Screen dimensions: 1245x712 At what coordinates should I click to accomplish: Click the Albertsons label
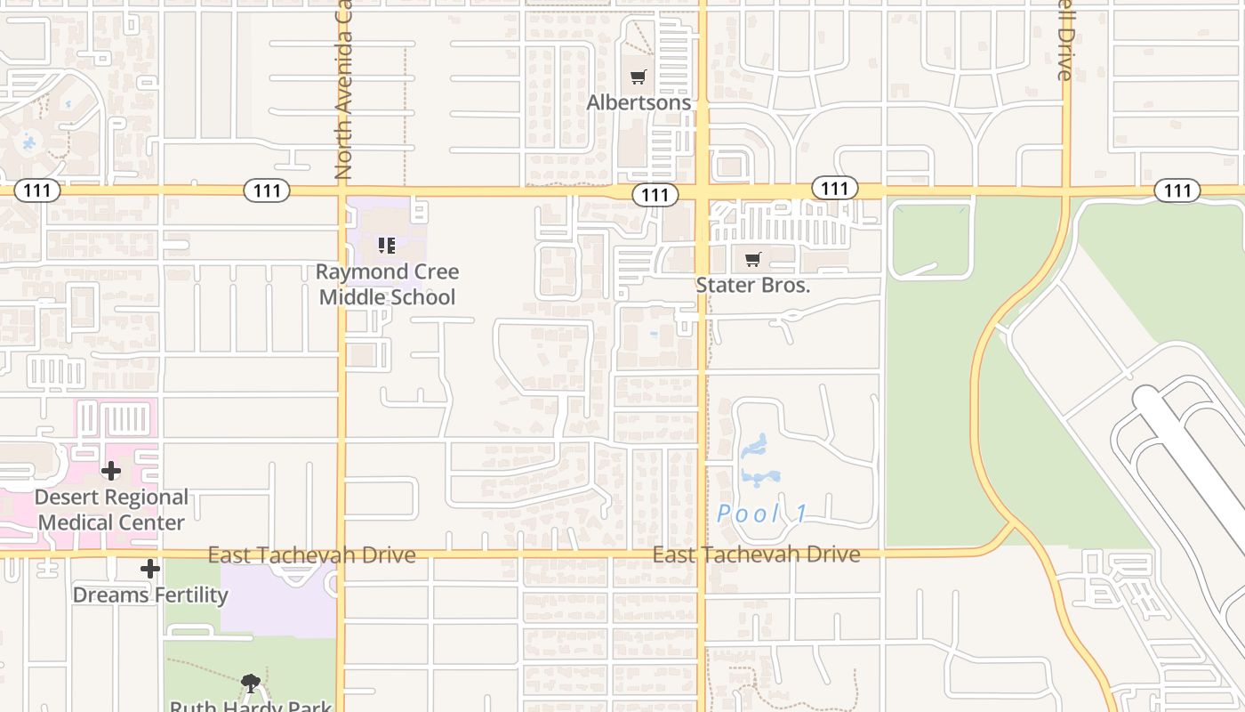pos(639,102)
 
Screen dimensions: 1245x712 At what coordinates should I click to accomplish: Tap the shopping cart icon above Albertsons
pos(638,77)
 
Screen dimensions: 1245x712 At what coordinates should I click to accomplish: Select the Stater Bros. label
pos(753,286)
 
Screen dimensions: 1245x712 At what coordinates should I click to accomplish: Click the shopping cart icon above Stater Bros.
pos(753,260)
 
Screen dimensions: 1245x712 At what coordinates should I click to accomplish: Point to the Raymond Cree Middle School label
pos(387,284)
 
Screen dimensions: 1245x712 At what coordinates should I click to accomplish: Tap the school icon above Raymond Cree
pos(387,245)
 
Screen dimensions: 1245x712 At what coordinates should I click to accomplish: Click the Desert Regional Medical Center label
pos(111,509)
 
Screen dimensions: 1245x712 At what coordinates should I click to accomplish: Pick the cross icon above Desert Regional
pos(111,471)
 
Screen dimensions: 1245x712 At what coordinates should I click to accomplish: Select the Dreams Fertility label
pos(150,594)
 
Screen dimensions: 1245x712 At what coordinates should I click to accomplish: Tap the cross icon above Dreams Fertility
pos(149,569)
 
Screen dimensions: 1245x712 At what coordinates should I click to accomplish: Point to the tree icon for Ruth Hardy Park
pos(251,684)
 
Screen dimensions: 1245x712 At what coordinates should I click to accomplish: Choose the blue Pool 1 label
pos(763,514)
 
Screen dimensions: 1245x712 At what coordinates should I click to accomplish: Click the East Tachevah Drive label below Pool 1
pos(756,554)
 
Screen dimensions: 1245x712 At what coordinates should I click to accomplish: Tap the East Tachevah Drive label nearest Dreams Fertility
pos(311,555)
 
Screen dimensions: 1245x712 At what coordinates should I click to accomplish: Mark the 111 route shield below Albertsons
pos(655,195)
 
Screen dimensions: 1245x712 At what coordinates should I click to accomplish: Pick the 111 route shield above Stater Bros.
pos(834,188)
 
